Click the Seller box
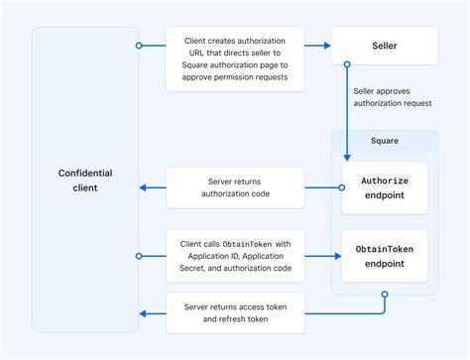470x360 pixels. pyautogui.click(x=384, y=46)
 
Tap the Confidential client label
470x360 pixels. pyautogui.click(x=84, y=180)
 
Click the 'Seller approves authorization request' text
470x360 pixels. pyautogui.click(x=394, y=97)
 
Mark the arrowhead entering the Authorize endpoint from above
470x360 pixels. pyautogui.click(x=347, y=157)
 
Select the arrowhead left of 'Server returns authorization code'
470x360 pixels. pyautogui.click(x=145, y=187)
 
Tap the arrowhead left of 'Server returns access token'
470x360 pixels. pyautogui.click(x=145, y=313)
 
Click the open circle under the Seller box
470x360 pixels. pyautogui.click(x=347, y=64)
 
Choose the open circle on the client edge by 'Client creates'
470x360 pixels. pyautogui.click(x=139, y=46)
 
